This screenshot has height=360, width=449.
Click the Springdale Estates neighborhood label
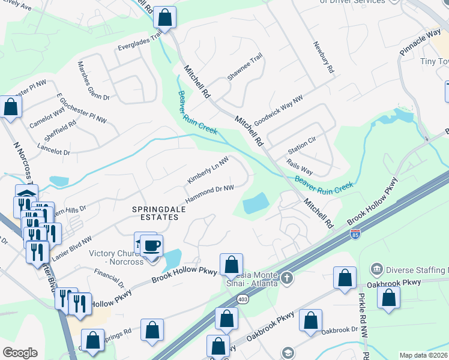pyautogui.click(x=155, y=212)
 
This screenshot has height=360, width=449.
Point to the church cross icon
pyautogui.click(x=287, y=278)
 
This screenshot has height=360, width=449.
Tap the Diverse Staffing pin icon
pyautogui.click(x=378, y=268)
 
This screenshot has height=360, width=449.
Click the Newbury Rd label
pyautogui.click(x=323, y=57)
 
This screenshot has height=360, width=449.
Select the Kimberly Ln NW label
pyautogui.click(x=208, y=171)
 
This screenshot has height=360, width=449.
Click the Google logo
pyautogui.click(x=20, y=353)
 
